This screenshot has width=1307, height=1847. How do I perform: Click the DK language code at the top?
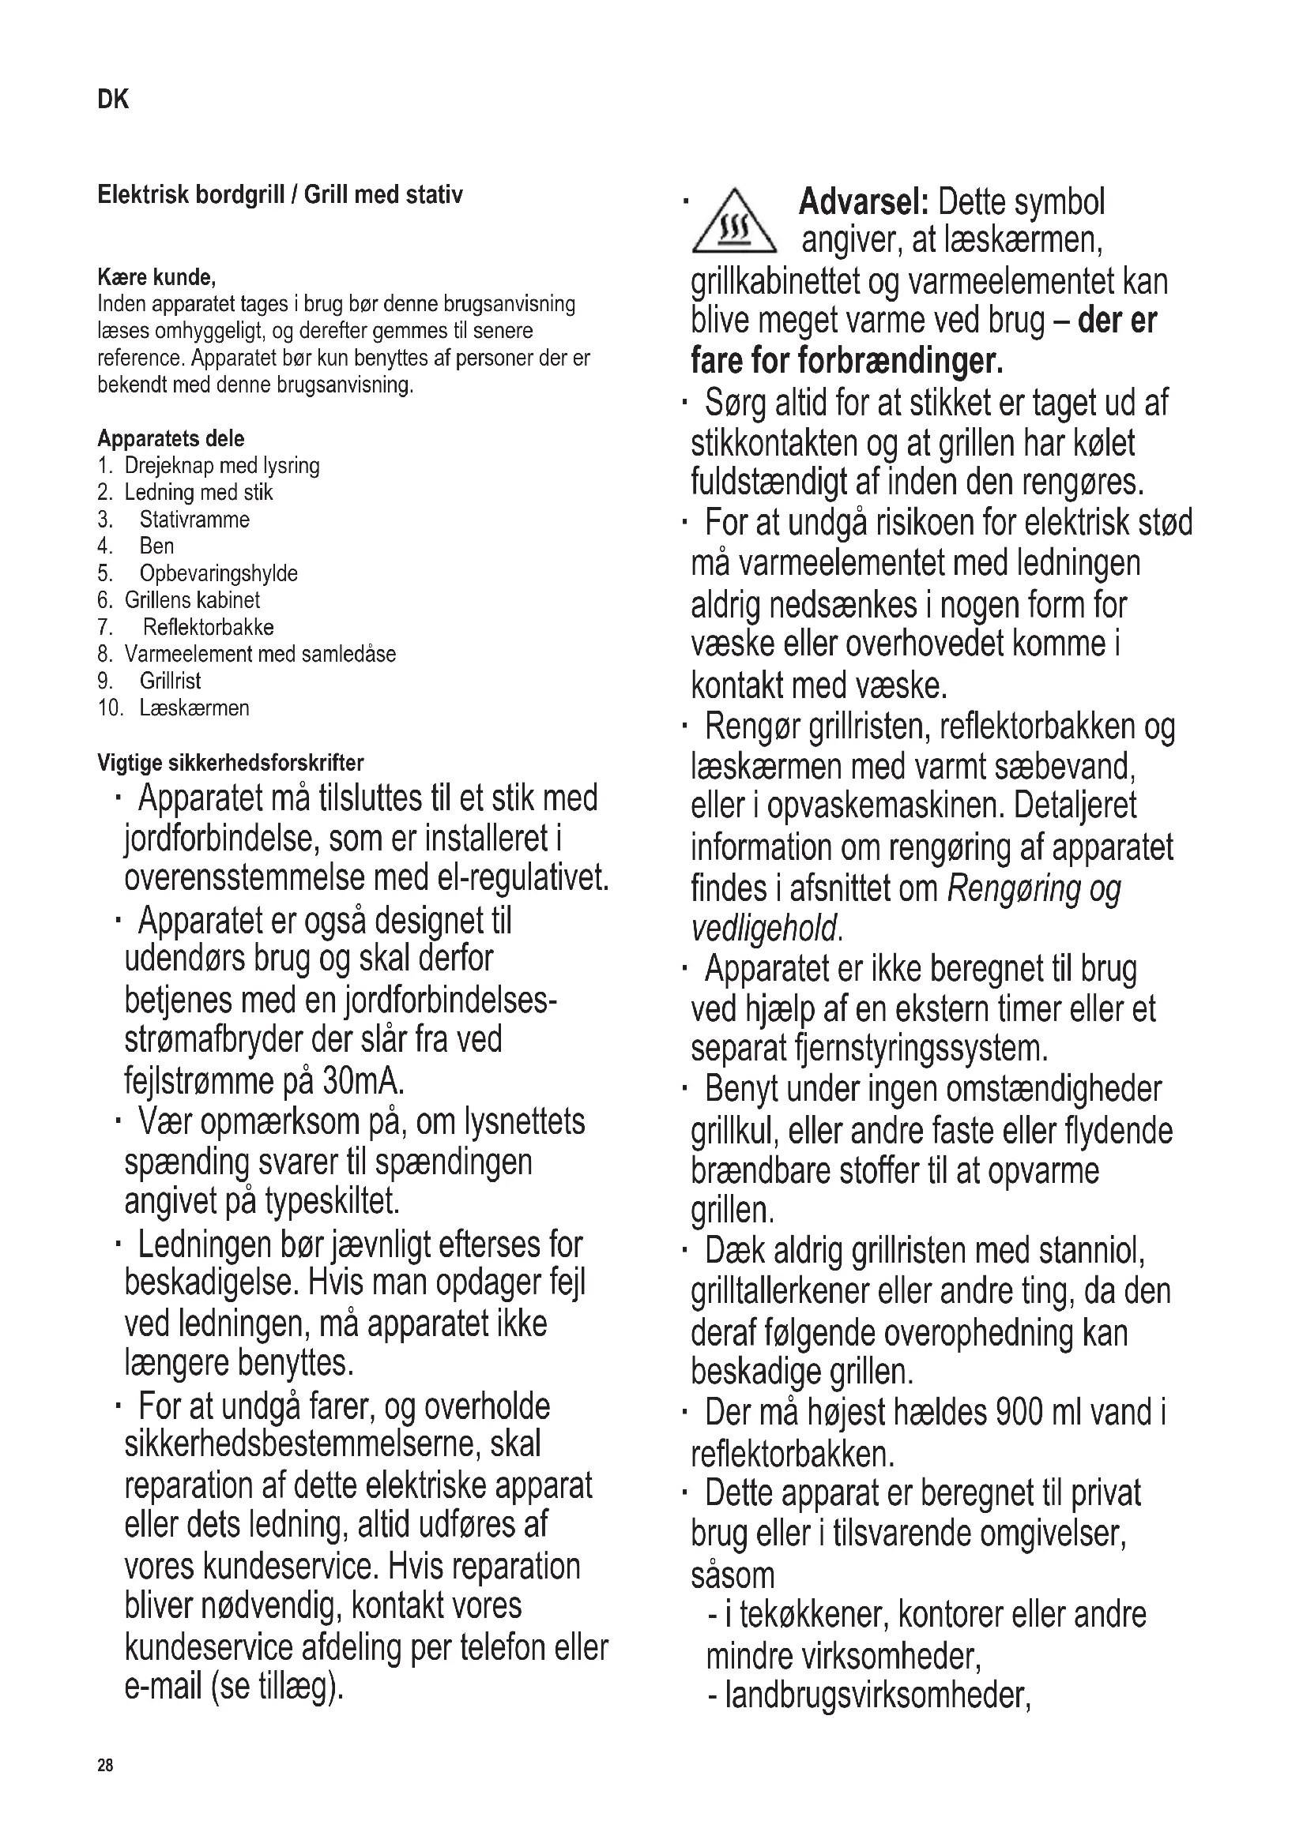coord(113,99)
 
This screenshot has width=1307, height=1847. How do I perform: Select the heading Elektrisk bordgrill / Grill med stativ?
coord(280,196)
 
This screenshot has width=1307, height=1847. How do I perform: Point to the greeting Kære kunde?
coord(156,277)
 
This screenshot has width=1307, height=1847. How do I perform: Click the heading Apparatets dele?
coord(171,438)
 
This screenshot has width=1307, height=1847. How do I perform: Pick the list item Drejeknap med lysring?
coord(221,466)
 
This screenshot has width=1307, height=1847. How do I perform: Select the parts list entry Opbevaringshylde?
coord(218,573)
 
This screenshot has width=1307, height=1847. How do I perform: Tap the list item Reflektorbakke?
coord(209,628)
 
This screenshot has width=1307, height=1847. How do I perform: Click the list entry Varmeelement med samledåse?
coord(260,654)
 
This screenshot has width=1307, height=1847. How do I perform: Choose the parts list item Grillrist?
coord(170,681)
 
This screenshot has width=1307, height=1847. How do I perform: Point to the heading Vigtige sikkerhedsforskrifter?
coord(230,763)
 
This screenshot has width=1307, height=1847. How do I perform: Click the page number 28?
coord(105,1766)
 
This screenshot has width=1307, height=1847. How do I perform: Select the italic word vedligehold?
coord(765,930)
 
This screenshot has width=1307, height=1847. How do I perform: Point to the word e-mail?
coord(164,1687)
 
